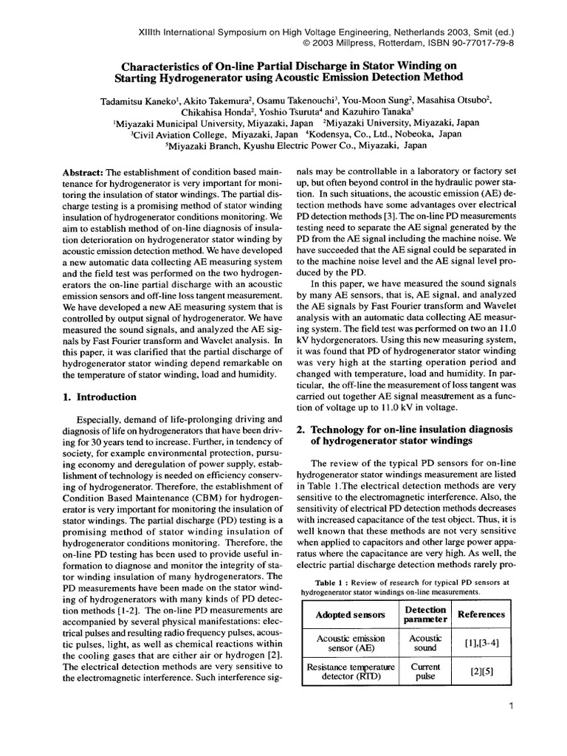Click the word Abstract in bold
83,172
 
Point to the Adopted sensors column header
350,614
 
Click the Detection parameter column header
425,614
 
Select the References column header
481,614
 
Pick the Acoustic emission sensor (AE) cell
350,643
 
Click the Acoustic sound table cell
425,643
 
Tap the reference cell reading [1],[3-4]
481,643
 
